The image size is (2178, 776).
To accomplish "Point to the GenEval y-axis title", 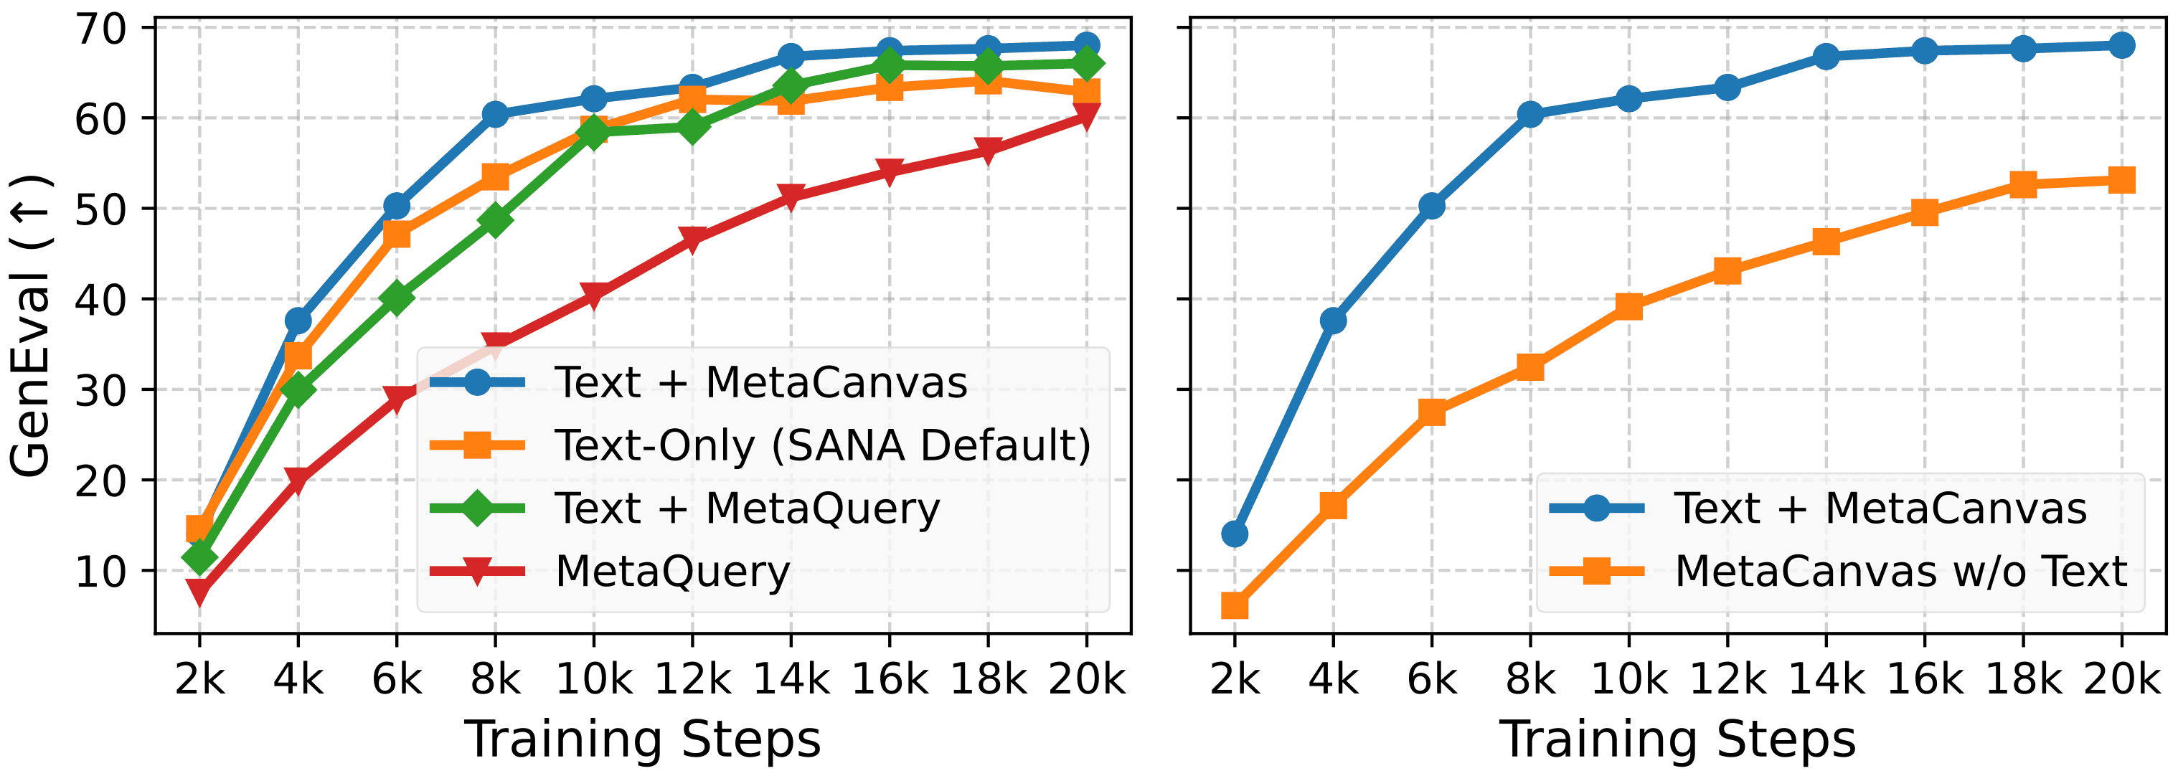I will tap(30, 326).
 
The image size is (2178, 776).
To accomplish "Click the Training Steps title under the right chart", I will tap(1677, 739).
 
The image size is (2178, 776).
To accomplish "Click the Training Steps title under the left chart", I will tap(643, 739).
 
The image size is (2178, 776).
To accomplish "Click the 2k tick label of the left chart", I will tap(199, 678).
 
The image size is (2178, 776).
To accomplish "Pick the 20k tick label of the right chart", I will tap(2121, 678).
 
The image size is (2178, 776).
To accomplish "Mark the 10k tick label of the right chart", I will tap(1628, 678).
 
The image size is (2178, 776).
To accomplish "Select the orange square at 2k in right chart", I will tap(1235, 605).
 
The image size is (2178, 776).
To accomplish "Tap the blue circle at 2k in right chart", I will tap(1235, 534).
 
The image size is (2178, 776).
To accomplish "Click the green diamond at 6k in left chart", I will tap(397, 298).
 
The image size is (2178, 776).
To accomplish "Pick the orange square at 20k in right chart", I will tap(2121, 180).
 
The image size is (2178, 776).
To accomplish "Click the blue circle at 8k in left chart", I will tap(496, 115).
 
